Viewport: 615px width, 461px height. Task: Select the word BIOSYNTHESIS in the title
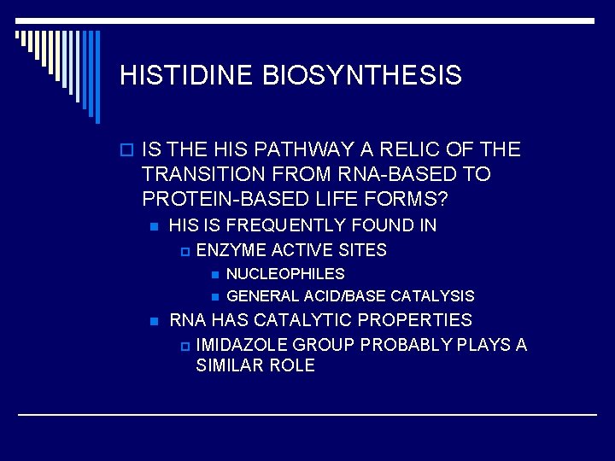tap(362, 75)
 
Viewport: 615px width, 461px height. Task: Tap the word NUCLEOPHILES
tap(285, 274)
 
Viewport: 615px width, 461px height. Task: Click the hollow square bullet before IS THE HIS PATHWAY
tap(126, 151)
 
